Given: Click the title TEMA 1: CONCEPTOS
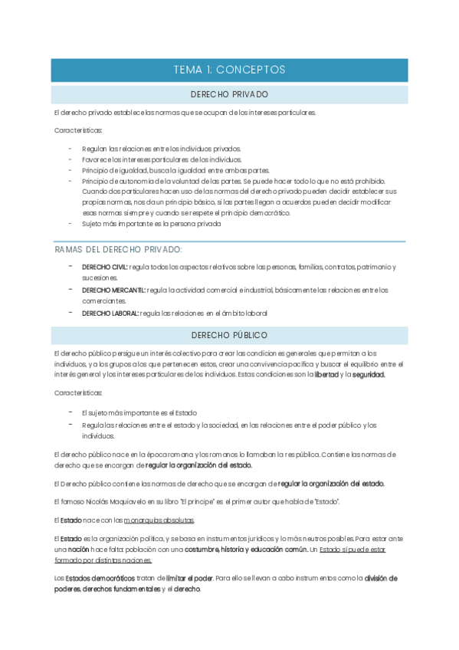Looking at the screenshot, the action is click(x=229, y=70).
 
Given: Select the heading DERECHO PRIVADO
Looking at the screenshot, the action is click(x=229, y=94).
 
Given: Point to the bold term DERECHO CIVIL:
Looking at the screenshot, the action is click(x=105, y=267).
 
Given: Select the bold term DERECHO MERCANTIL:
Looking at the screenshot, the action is click(x=113, y=290).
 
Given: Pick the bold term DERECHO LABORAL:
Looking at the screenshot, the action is click(x=110, y=313).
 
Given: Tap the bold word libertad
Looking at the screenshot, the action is click(x=326, y=375).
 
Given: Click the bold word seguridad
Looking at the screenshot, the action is click(x=369, y=375).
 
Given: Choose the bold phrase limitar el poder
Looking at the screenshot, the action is click(x=189, y=578).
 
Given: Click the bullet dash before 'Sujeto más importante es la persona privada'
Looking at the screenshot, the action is click(x=70, y=223).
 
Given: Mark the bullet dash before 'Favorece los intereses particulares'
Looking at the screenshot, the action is click(x=70, y=159).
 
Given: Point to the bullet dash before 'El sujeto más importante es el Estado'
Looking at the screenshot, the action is click(x=70, y=412).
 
